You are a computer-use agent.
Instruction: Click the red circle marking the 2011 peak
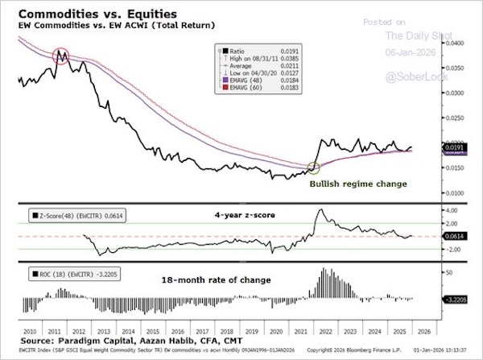coord(63,56)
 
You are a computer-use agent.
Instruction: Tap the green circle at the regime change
coord(314,168)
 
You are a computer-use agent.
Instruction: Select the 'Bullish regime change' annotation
coord(358,184)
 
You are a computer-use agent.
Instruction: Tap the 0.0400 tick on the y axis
coord(456,43)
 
